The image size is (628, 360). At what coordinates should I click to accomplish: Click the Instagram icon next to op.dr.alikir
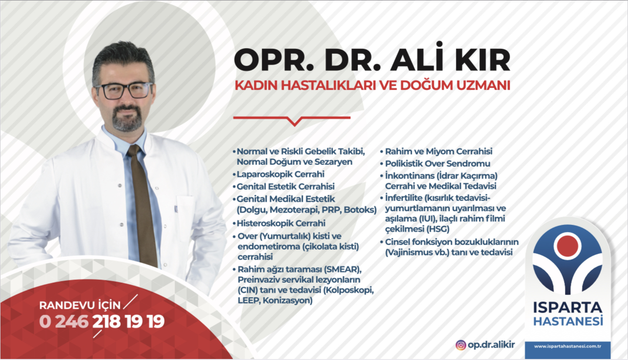coord(461,345)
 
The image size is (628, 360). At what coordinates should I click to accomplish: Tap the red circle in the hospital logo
coord(567,246)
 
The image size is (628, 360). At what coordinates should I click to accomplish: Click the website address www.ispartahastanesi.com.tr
coord(567,346)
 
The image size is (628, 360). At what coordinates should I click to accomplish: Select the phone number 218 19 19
coord(129,321)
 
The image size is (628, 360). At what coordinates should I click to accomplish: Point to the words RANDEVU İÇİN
coord(80,305)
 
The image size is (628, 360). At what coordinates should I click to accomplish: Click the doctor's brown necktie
coord(143,204)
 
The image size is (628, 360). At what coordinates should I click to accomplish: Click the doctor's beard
coord(127,119)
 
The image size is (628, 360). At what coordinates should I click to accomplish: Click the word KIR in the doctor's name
coord(483,60)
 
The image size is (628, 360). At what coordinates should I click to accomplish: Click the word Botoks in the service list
coord(360,210)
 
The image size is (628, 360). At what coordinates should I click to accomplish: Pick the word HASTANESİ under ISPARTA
coord(568,321)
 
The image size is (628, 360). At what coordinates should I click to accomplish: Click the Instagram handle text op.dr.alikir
coord(491,344)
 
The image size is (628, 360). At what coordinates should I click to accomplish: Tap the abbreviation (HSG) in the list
coord(438,229)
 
